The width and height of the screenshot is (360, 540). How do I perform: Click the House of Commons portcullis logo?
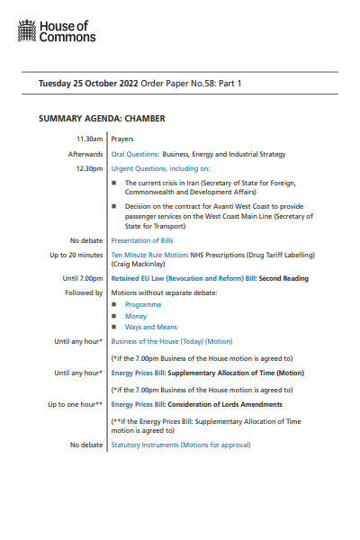(27, 34)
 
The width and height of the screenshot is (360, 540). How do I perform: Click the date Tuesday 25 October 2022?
(86, 84)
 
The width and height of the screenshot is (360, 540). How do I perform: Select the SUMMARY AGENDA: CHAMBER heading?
(102, 118)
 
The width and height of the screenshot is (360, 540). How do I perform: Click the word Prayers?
(121, 139)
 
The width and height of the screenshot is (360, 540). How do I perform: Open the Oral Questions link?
(134, 154)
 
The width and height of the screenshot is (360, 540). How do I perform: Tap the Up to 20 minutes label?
(76, 256)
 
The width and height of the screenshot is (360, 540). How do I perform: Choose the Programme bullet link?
(143, 305)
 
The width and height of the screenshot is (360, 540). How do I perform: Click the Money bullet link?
(136, 316)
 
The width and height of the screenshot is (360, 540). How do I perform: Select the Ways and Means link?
(151, 327)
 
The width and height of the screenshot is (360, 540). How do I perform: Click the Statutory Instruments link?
(145, 445)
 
